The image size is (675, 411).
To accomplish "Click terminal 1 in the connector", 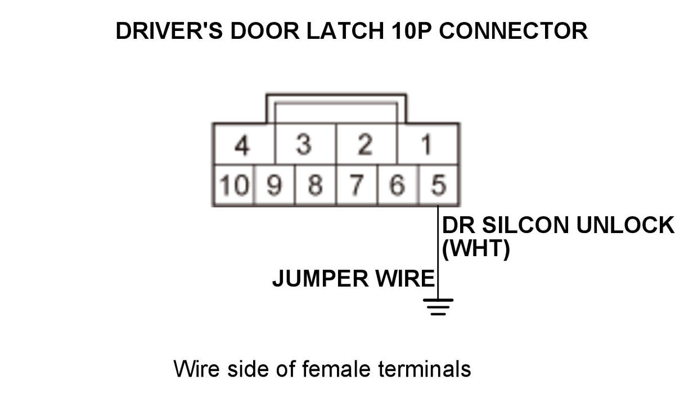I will pyautogui.click(x=427, y=146).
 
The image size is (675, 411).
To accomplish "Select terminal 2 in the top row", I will pyautogui.click(x=366, y=146).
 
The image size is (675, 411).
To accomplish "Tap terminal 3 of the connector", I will pyautogui.click(x=304, y=146).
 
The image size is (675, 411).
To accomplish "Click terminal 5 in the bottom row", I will pyautogui.click(x=439, y=185).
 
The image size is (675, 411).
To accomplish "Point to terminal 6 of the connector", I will pyautogui.click(x=398, y=185).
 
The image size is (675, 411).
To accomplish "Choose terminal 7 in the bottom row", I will pyautogui.click(x=357, y=185).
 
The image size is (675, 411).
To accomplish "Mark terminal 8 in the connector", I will pyautogui.click(x=315, y=185).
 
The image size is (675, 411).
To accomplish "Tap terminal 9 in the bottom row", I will pyautogui.click(x=274, y=185).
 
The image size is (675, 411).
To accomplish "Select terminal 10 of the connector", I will pyautogui.click(x=233, y=185).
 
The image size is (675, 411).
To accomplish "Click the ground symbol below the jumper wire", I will pyautogui.click(x=438, y=306).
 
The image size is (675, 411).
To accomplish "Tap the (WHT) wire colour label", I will pyautogui.click(x=476, y=248).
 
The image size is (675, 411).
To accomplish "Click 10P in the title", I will pyautogui.click(x=409, y=30).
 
